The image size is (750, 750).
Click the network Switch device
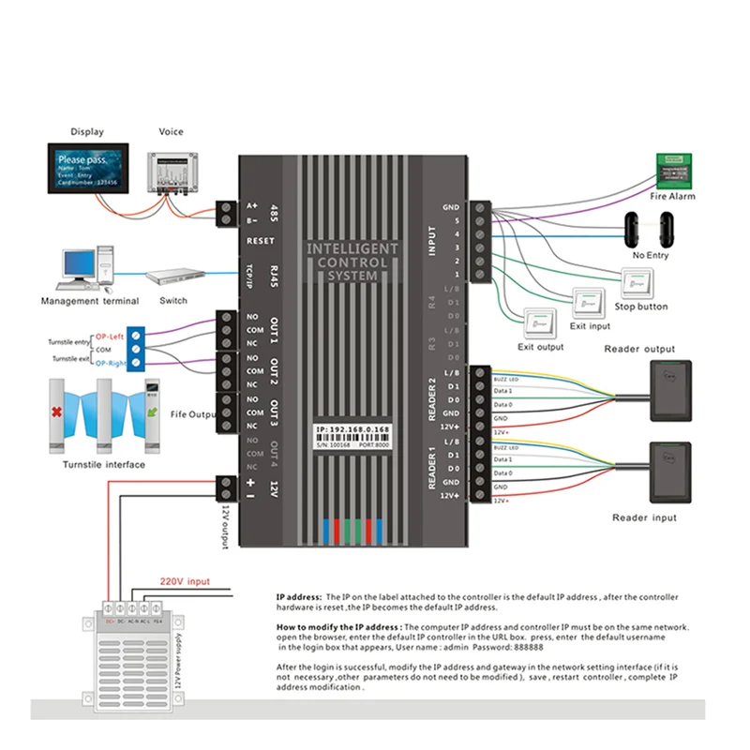[x=174, y=277]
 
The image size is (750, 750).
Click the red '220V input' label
[x=186, y=581]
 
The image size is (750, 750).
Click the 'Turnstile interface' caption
[x=103, y=465]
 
